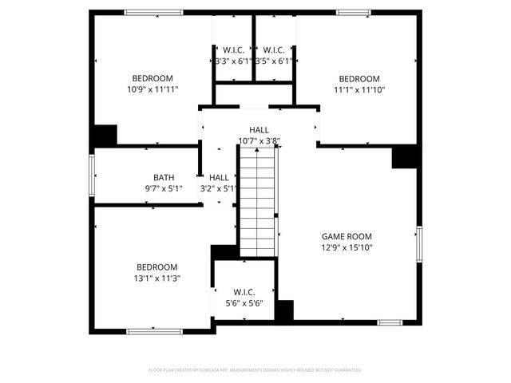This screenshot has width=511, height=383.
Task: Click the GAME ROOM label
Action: click(347, 236)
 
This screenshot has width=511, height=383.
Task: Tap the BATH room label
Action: click(164, 177)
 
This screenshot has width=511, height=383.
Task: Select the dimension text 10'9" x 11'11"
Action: click(152, 90)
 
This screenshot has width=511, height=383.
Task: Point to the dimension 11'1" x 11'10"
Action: click(358, 90)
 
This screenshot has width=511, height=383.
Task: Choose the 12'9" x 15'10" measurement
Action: click(347, 247)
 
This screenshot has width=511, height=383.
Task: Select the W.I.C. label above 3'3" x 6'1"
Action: click(233, 49)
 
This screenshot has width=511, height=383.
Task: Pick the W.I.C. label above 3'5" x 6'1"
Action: click(274, 49)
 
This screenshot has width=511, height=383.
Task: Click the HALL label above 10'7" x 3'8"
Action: click(259, 130)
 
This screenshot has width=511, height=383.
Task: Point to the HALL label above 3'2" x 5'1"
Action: click(219, 177)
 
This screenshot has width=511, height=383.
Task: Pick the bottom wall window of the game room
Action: click(390, 322)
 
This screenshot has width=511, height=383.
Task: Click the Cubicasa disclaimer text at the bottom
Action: click(255, 370)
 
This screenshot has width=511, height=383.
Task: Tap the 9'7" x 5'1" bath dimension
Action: click(164, 189)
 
